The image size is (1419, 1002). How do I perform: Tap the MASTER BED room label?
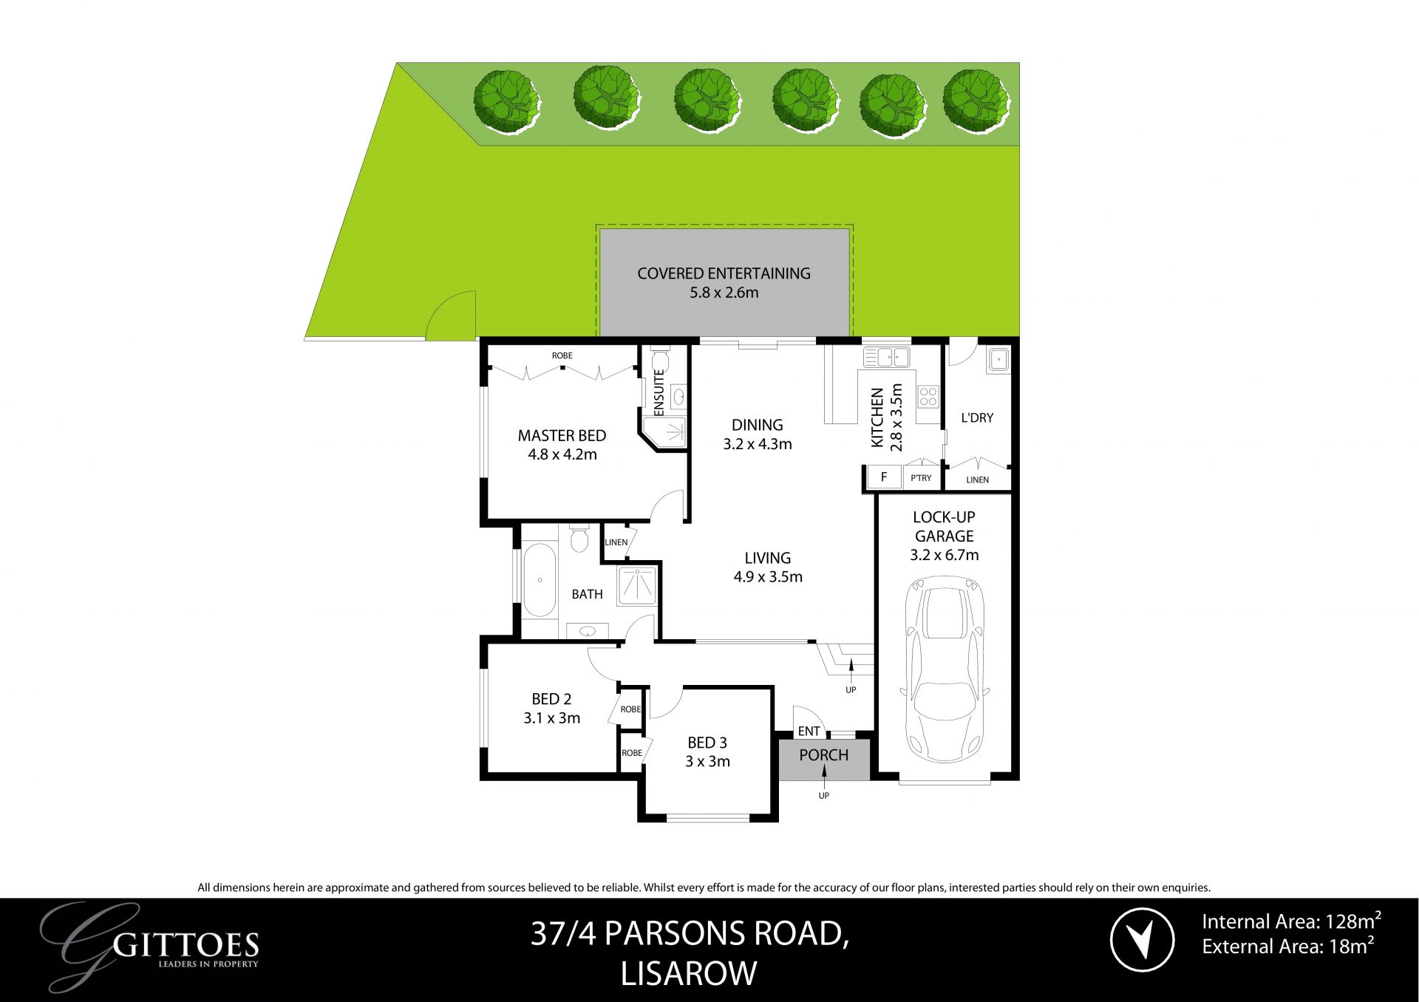[562, 436]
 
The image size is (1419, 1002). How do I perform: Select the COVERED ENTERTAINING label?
[724, 273]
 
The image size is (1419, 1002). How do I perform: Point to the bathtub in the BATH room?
[540, 581]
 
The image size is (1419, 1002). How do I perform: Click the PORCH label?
[823, 755]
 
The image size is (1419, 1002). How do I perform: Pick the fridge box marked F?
[884, 477]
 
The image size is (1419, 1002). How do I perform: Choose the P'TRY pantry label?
[921, 478]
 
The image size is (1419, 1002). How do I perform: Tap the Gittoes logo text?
[188, 946]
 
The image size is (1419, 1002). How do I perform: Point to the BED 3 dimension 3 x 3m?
[707, 762]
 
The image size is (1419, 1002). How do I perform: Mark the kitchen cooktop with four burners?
[928, 396]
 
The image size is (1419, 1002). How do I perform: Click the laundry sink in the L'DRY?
[998, 360]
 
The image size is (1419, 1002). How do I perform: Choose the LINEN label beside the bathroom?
[616, 542]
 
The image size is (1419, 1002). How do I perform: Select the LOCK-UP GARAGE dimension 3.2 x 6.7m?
[944, 555]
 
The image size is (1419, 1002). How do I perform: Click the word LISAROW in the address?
[689, 974]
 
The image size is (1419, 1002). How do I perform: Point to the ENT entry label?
[809, 731]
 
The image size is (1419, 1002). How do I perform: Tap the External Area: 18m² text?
[1287, 947]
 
